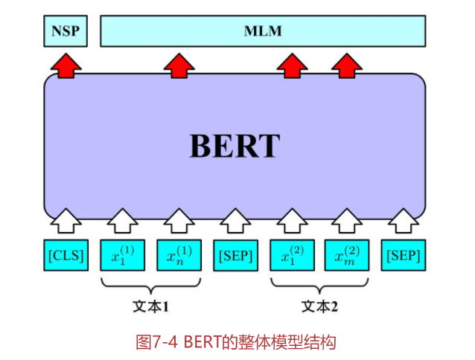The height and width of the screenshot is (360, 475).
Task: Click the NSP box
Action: (x=65, y=31)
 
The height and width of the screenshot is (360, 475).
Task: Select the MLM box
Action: (x=263, y=31)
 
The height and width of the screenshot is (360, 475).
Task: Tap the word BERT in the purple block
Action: (x=235, y=146)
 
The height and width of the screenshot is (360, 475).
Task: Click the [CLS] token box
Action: (x=66, y=255)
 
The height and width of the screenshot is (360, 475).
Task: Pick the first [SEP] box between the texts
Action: (x=235, y=255)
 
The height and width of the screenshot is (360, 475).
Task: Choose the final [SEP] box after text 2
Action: (x=403, y=255)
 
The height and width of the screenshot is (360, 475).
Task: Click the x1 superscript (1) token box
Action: (x=122, y=255)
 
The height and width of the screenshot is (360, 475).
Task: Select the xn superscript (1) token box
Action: (x=179, y=255)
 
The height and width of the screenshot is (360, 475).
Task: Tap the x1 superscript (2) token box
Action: (x=291, y=255)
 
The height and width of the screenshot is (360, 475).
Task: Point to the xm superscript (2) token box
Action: (x=347, y=255)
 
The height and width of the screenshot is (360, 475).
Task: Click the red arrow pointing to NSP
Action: (x=66, y=65)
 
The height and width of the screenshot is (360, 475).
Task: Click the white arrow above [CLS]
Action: (x=66, y=220)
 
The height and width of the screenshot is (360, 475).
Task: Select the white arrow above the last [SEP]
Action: (x=403, y=220)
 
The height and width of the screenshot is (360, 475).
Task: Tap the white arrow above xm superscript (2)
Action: (x=347, y=220)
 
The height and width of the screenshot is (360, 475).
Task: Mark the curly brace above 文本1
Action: (x=150, y=286)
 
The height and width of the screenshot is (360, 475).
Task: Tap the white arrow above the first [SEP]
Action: (x=235, y=220)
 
